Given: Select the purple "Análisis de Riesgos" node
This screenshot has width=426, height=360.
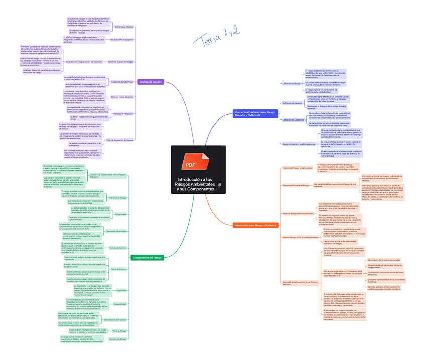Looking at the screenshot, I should point(151,81).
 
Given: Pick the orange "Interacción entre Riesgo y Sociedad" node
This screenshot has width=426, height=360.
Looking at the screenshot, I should point(255,226).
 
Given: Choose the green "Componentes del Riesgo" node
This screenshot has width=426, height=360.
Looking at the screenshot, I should point(147,257).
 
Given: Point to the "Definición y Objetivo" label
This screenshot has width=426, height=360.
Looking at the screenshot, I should point(124,27).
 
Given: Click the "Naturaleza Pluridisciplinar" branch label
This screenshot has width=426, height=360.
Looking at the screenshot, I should point(121,39).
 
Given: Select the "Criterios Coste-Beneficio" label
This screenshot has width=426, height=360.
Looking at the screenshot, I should point(122,97).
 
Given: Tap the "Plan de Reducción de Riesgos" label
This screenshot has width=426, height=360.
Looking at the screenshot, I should point(120,140).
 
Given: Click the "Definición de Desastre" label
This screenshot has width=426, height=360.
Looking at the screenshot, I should point(292,103).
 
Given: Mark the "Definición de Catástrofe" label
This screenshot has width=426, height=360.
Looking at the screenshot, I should point(293,120).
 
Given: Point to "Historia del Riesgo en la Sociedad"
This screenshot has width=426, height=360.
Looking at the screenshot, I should point(297,168).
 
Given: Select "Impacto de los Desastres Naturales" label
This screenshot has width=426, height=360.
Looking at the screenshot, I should point(299,213).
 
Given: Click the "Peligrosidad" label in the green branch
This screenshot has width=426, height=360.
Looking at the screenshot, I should point(121,214).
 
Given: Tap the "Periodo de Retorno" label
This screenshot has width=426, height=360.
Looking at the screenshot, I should point(118,248).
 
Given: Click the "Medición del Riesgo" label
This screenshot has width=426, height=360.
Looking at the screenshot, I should point(117,339).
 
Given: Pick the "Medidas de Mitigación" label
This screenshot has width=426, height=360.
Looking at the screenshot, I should point(123,114).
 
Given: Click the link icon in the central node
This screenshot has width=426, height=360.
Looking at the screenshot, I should point(219,186).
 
